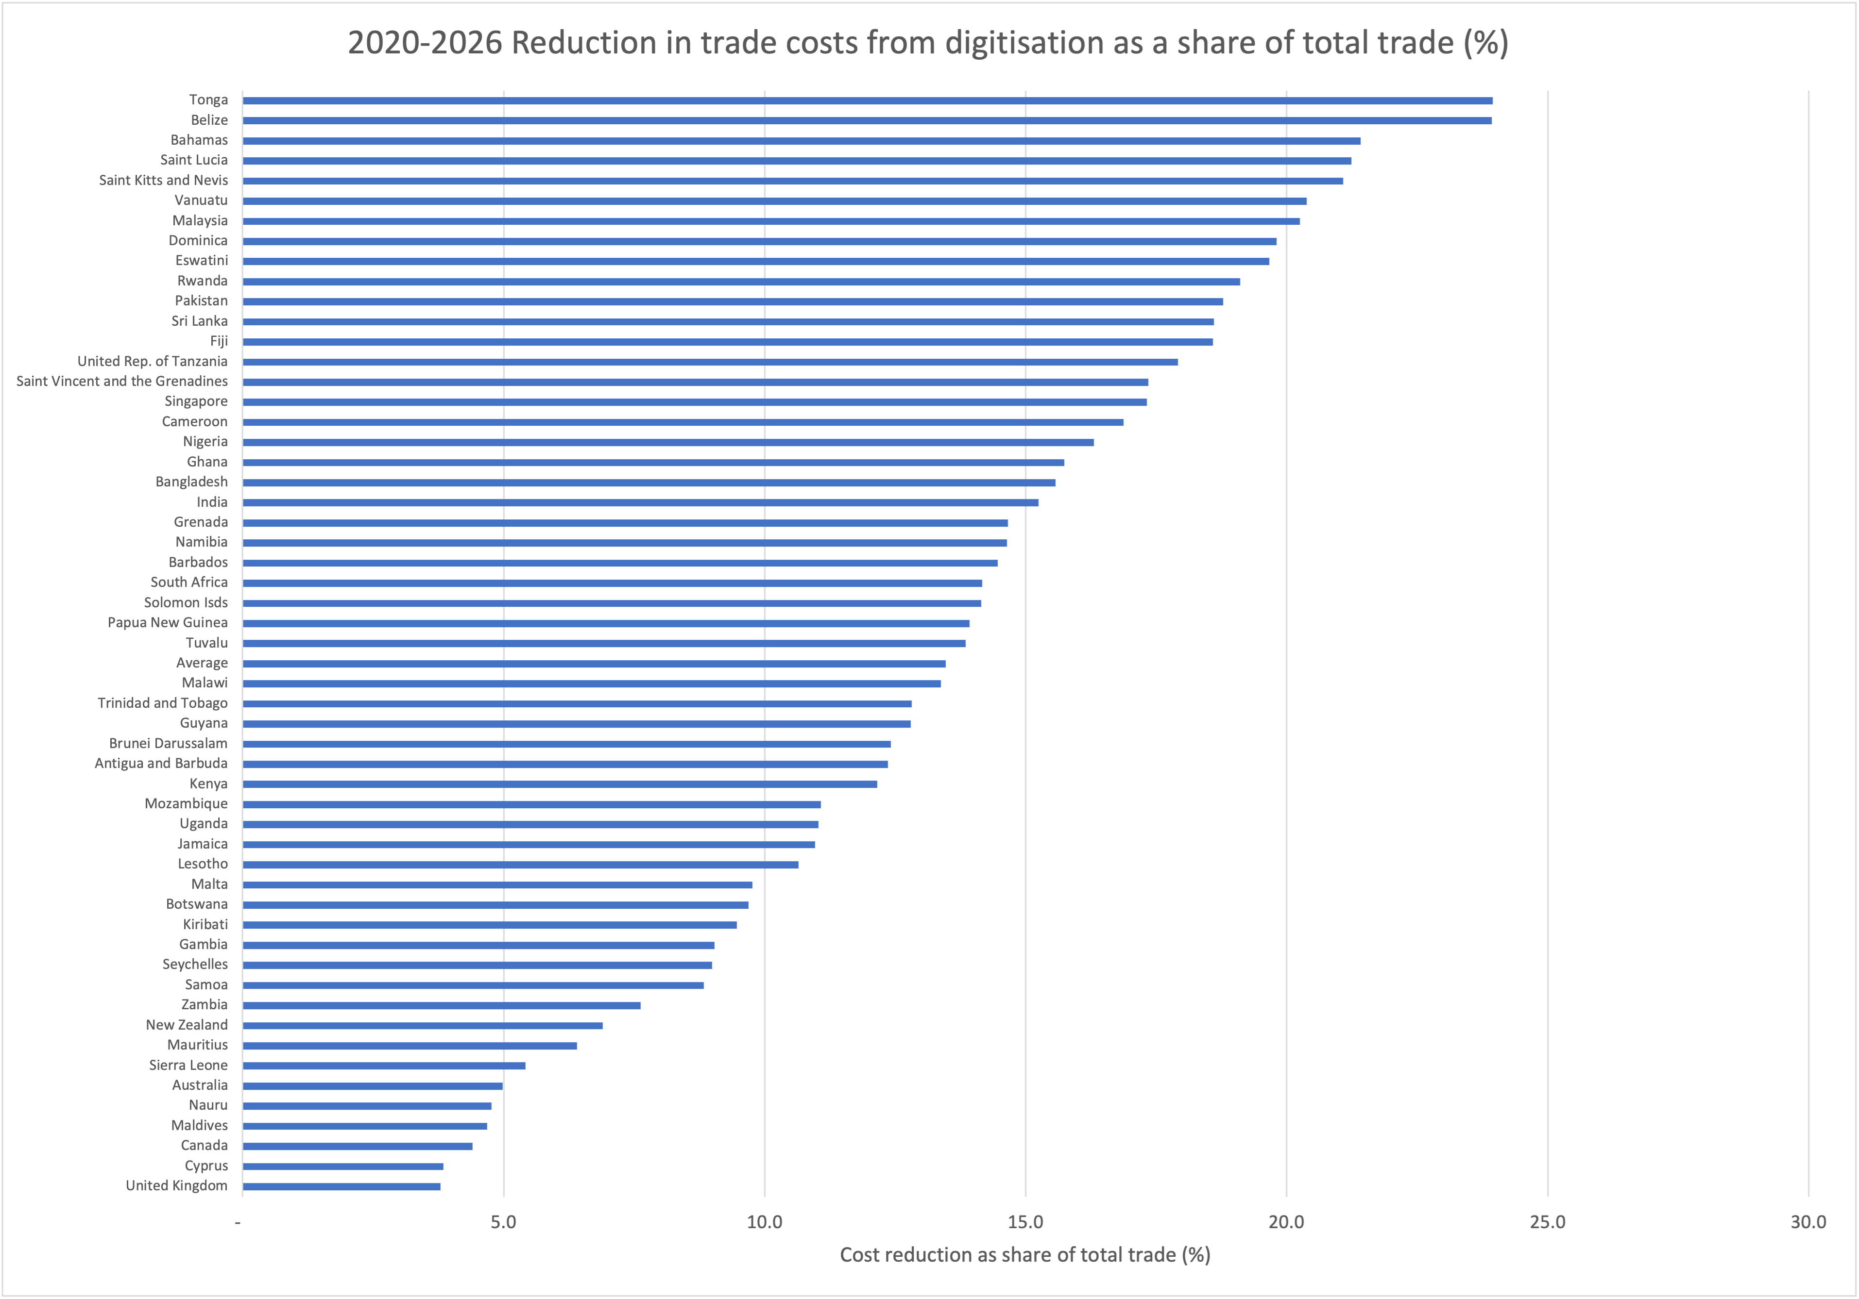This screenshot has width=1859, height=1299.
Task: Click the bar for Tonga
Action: (866, 100)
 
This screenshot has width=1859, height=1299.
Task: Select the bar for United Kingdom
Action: (341, 1186)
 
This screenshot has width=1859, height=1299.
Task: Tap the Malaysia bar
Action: (771, 221)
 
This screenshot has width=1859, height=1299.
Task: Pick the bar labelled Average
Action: (594, 664)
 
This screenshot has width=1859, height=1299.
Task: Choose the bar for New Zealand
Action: (423, 1025)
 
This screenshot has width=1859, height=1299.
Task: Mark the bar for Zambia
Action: (441, 1005)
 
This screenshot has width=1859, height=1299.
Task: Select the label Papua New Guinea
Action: (168, 622)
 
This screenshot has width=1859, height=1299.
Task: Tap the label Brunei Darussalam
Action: (169, 743)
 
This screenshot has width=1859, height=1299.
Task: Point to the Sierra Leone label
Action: (188, 1065)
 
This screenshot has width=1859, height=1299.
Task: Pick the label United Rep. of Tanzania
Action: (152, 361)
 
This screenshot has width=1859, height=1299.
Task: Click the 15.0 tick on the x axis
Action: (1025, 1222)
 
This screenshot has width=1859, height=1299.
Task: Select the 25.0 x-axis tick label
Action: (1547, 1222)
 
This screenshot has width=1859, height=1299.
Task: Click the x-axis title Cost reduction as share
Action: (1024, 1255)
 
